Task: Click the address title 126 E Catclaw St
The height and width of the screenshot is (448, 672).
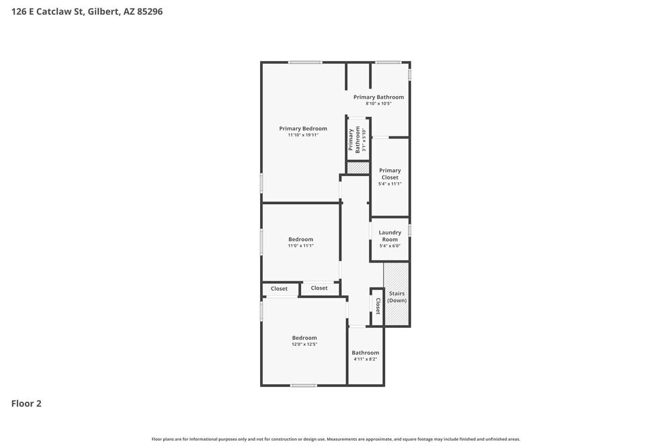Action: point(87,11)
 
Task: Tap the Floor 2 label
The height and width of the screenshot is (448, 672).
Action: point(26,404)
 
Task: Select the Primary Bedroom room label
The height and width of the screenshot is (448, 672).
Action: point(303,128)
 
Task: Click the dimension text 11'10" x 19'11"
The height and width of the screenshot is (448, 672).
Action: point(303,135)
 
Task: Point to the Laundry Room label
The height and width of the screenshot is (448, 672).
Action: point(390,236)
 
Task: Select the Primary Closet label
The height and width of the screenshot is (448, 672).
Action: point(390,174)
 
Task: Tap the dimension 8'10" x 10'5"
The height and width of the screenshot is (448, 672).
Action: point(378,103)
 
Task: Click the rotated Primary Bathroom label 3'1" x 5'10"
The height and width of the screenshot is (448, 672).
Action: point(354,140)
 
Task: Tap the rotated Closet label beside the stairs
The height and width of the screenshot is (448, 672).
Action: point(378,306)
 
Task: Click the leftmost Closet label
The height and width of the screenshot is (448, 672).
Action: point(279,289)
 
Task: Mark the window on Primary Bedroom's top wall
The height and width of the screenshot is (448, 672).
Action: point(305,62)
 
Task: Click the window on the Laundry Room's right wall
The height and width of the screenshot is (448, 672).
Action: point(409,230)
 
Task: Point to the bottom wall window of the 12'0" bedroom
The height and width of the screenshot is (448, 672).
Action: point(304,385)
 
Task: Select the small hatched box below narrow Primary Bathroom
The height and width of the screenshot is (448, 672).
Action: point(358,168)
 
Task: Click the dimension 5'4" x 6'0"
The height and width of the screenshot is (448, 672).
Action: point(390,246)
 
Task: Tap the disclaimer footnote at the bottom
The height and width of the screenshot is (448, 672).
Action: point(336,439)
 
